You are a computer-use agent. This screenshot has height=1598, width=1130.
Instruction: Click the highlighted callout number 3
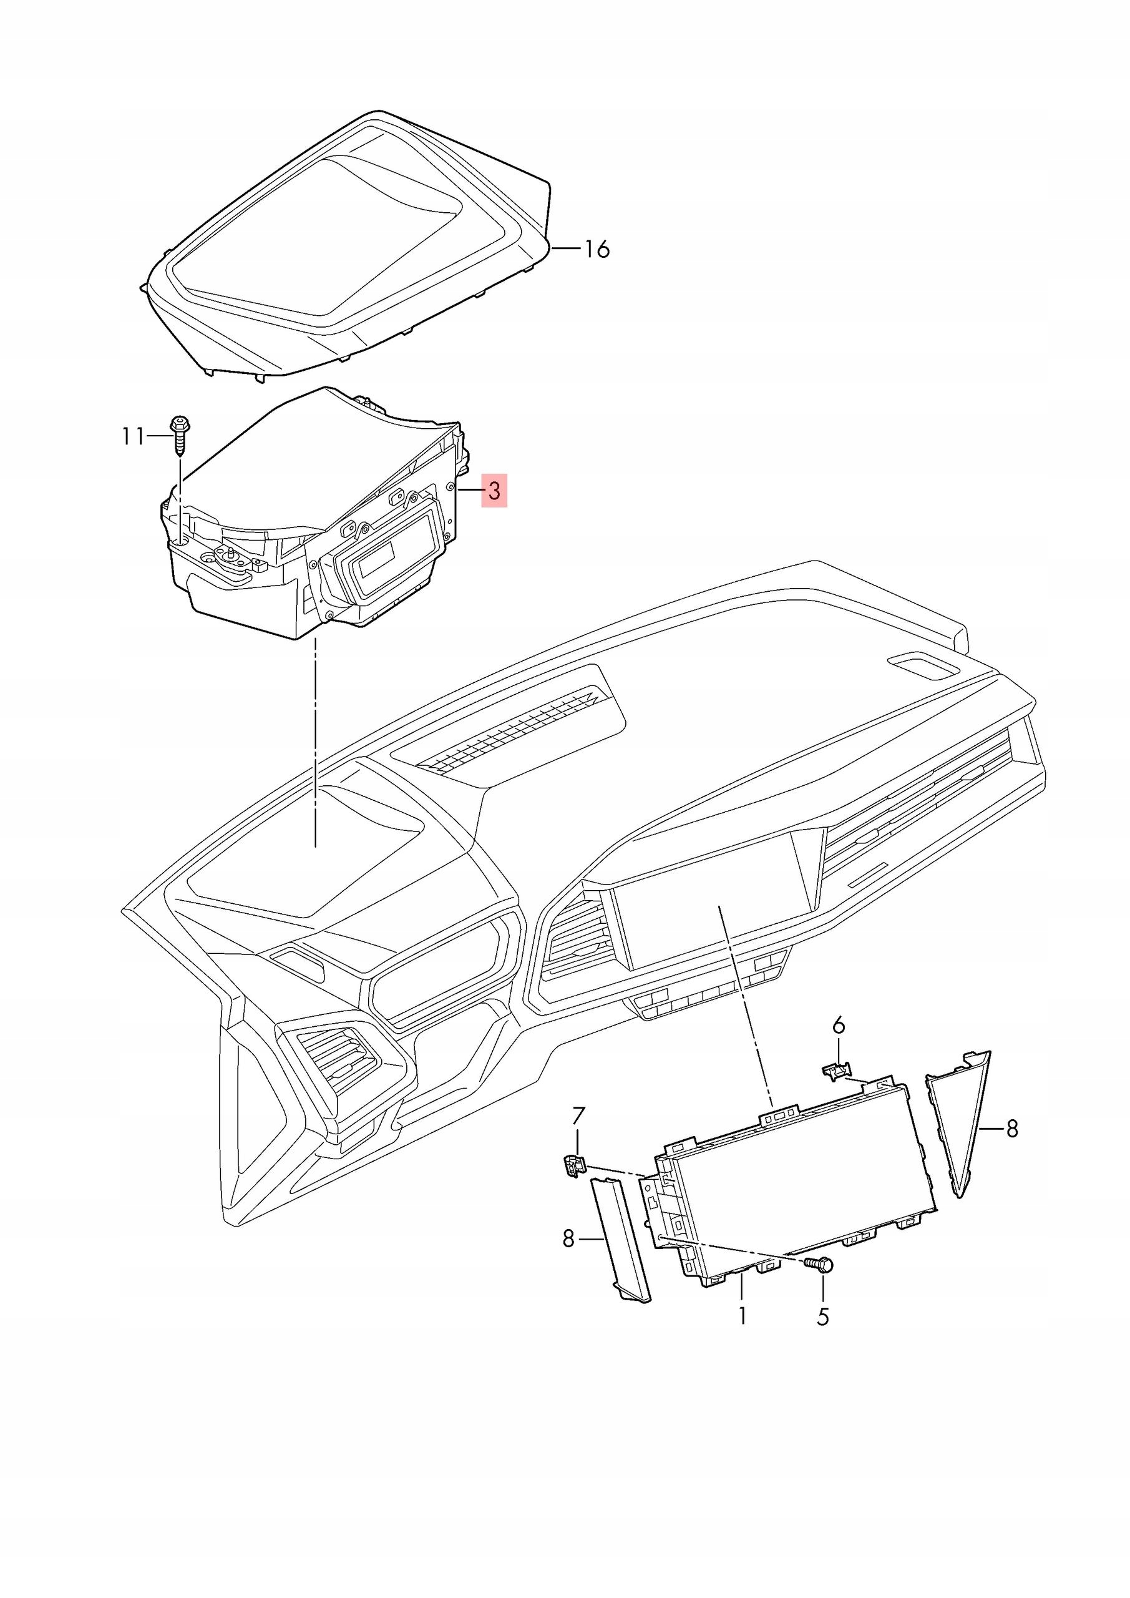[494, 491]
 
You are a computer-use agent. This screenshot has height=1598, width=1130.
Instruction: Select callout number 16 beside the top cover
[597, 248]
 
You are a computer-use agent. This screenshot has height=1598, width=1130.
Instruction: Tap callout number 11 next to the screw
[133, 436]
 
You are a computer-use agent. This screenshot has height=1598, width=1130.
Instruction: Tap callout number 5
[823, 1316]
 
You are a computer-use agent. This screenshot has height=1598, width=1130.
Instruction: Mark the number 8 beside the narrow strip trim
[568, 1238]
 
